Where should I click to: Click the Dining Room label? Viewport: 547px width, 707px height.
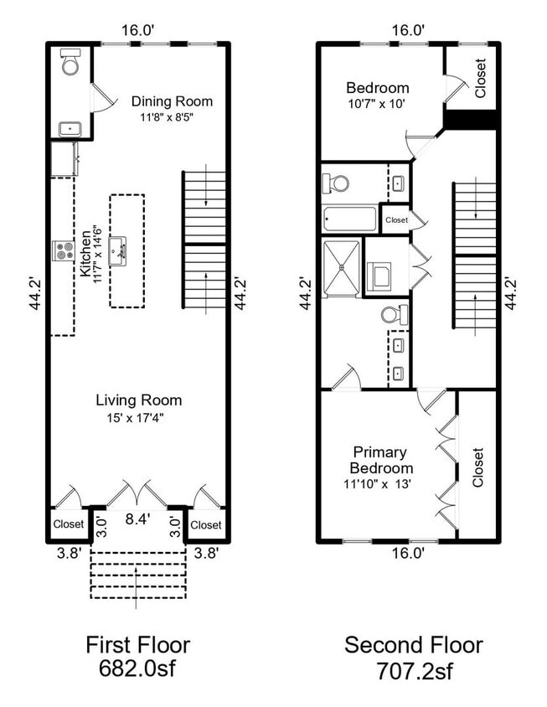pyautogui.click(x=172, y=101)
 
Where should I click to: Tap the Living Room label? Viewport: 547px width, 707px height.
pyautogui.click(x=138, y=400)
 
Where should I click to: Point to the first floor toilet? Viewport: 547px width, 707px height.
pyautogui.click(x=70, y=63)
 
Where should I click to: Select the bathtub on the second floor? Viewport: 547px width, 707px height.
pyautogui.click(x=350, y=220)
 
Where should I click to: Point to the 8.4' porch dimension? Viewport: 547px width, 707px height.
pyautogui.click(x=137, y=519)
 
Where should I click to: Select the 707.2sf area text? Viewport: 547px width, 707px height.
pyautogui.click(x=413, y=671)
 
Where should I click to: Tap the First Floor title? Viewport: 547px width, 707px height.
pyautogui.click(x=138, y=645)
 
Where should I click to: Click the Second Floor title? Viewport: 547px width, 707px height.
pyautogui.click(x=413, y=645)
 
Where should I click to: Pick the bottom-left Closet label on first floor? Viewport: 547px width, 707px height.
pyautogui.click(x=69, y=524)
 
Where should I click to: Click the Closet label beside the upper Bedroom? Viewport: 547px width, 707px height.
pyautogui.click(x=479, y=78)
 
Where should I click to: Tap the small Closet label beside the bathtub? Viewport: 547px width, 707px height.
pyautogui.click(x=396, y=220)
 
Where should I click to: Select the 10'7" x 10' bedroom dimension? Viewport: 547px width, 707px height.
pyautogui.click(x=377, y=104)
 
